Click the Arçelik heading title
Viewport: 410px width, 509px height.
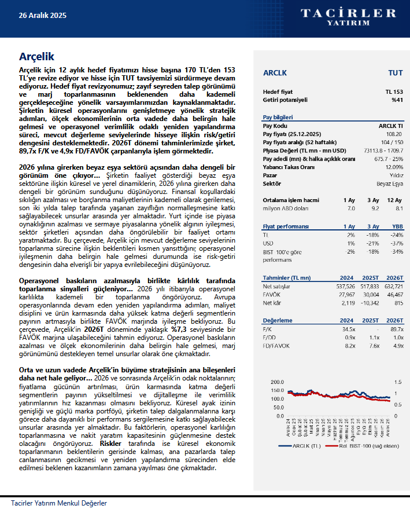coord(36,56)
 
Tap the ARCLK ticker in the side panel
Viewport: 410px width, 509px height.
coord(275,73)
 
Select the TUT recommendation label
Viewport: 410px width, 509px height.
coord(396,73)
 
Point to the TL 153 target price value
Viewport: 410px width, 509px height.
coord(394,92)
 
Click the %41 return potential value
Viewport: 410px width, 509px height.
coord(397,100)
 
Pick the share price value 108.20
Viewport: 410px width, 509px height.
coord(395,134)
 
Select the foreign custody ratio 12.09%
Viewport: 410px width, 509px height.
coord(393,167)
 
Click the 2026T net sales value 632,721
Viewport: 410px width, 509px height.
coord(391,286)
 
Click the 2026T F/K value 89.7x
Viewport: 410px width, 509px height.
coord(396,329)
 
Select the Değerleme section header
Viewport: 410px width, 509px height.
coord(277,320)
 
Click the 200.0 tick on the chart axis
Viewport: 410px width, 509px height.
coord(278,382)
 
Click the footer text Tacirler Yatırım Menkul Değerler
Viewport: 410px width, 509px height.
coord(59,503)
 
